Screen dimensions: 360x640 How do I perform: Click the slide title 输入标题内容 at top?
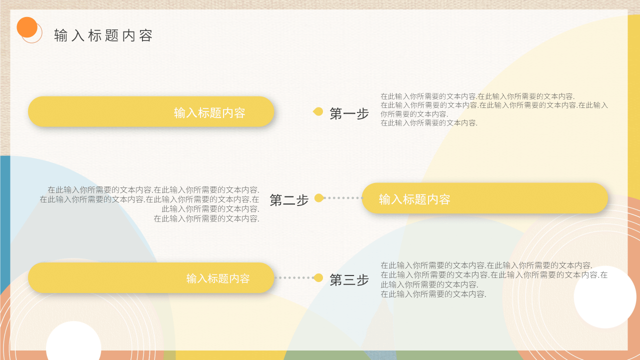tap(103, 35)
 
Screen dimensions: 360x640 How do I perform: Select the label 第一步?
tap(349, 113)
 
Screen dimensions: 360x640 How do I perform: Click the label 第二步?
tap(289, 200)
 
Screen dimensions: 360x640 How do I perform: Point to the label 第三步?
tap(349, 279)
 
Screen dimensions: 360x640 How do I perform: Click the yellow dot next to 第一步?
tap(318, 111)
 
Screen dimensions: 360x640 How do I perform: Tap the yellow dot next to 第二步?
tap(319, 198)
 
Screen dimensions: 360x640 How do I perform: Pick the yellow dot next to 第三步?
tap(318, 277)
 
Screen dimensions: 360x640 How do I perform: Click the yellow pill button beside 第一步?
tap(151, 111)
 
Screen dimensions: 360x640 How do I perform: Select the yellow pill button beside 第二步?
tap(484, 198)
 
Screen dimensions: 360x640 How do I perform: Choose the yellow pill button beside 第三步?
tap(151, 277)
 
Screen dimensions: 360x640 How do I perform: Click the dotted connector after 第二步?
tap(343, 198)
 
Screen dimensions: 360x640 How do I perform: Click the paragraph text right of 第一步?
tap(494, 109)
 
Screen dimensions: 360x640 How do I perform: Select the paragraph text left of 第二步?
tap(150, 204)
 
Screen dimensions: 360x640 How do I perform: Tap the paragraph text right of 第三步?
tap(494, 279)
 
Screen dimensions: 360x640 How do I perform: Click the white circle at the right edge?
tap(604, 297)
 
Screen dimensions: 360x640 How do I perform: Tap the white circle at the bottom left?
tap(73, 345)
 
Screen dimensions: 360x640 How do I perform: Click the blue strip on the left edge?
tap(4, 225)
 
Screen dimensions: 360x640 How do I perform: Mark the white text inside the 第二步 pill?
tap(414, 199)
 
